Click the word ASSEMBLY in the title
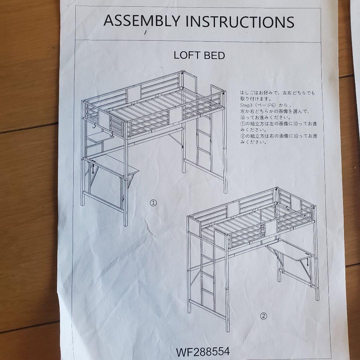(x=142, y=21)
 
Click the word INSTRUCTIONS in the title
(x=240, y=22)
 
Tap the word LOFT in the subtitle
(x=186, y=55)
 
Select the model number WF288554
(x=203, y=352)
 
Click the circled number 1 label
(x=153, y=203)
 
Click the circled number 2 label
(x=264, y=316)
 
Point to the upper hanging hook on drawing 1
(x=94, y=125)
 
